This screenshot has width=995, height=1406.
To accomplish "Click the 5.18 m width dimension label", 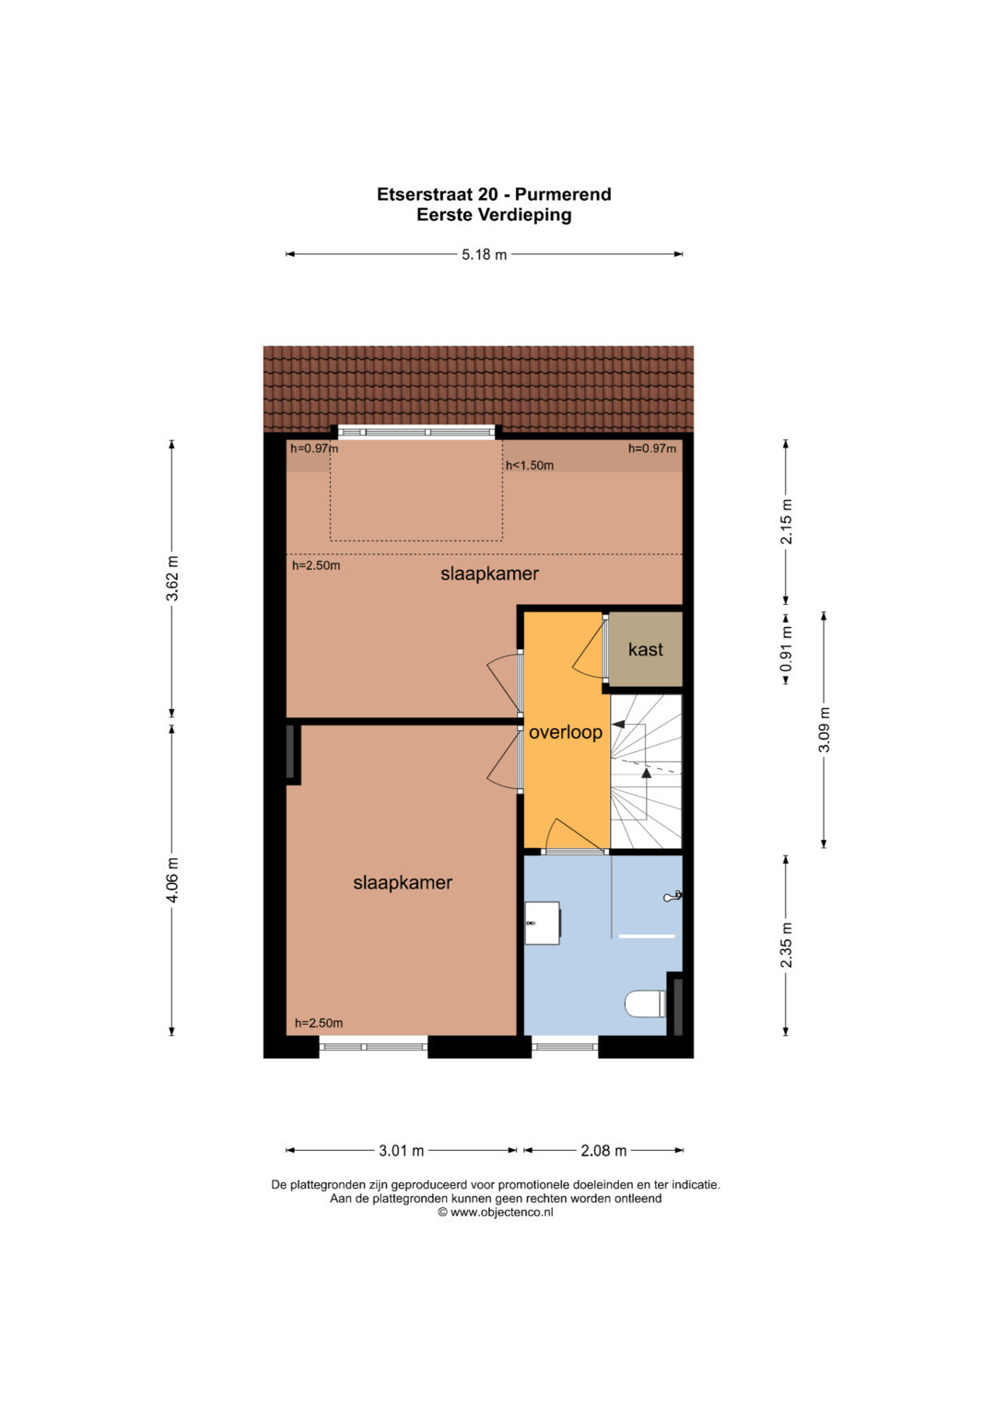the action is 484,254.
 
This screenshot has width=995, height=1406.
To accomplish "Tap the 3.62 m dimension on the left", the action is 172,578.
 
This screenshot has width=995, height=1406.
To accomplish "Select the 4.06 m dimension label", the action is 172,879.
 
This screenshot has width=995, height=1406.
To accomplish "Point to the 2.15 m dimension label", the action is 787,521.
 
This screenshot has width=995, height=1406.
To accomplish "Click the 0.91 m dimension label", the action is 787,648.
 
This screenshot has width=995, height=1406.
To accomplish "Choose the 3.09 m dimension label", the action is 825,729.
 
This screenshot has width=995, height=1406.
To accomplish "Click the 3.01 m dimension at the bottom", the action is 402,1151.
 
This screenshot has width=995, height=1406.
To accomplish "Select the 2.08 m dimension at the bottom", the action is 603,1151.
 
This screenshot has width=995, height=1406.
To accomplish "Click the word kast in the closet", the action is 645,649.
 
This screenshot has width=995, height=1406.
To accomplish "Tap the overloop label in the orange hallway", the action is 566,733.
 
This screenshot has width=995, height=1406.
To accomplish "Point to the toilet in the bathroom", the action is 645,1004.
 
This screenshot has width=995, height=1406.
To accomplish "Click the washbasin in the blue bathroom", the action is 542,923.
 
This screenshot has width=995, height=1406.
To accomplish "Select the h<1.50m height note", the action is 530,466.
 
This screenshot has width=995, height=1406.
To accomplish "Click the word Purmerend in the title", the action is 563,194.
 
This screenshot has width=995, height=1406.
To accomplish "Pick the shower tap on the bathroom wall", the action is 673,897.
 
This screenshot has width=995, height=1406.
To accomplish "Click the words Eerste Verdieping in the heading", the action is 494,215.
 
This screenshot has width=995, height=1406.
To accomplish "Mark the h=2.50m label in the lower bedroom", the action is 319,1023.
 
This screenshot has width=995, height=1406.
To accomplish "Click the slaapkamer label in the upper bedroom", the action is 489,574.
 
